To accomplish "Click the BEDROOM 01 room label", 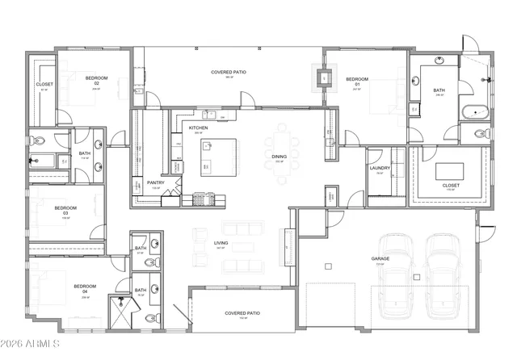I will (357, 79).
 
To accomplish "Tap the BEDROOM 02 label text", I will (97, 79).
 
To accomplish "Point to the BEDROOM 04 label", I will (85, 287).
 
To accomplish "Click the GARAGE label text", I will (380, 259).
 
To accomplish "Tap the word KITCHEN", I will (199, 128).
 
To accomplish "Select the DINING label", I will (279, 157).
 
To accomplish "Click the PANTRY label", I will (156, 182).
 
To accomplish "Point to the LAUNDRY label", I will (380, 169).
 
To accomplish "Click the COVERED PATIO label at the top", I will (228, 73).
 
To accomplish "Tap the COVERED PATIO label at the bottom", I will (240, 313).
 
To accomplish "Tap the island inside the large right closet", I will (450, 171).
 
